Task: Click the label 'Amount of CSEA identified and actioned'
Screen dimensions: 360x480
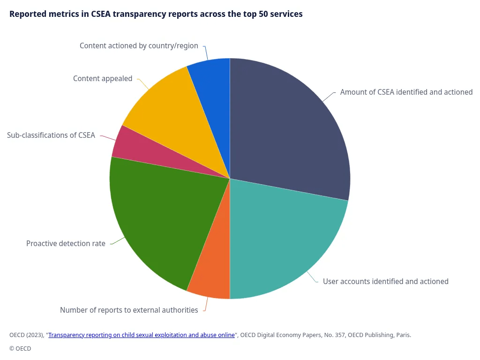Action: coord(406,92)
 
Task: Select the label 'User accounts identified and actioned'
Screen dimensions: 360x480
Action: coord(385,282)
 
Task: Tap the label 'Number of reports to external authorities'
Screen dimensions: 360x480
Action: coord(129,310)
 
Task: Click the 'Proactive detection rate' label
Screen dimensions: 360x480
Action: coord(66,244)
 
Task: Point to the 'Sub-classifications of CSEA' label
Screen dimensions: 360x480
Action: coord(51,135)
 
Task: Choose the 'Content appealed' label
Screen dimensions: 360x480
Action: coord(103,79)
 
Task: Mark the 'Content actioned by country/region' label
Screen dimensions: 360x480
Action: coord(139,46)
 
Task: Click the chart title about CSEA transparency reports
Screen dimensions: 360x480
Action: coord(156,14)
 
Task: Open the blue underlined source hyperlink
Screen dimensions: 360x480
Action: coord(142,335)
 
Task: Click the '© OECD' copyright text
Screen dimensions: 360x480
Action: coord(20,349)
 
